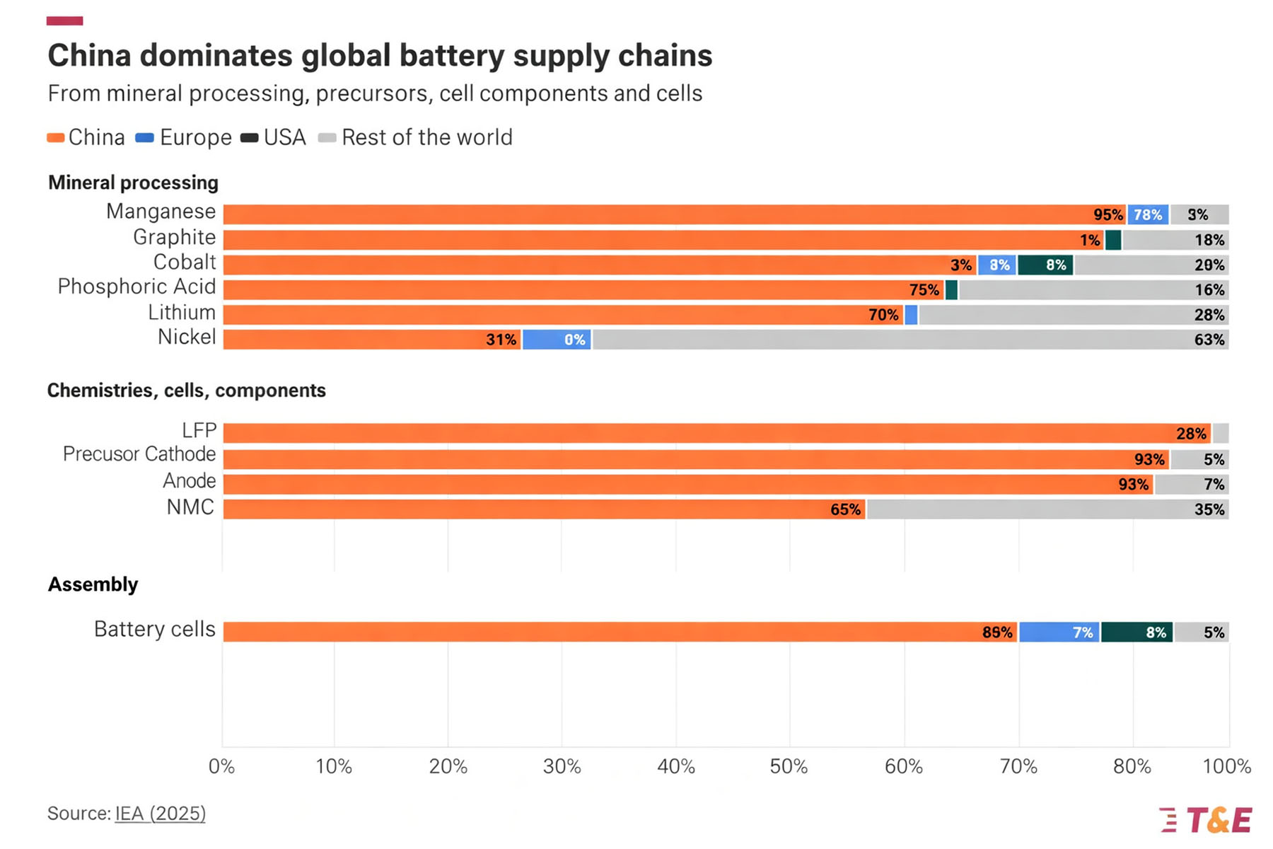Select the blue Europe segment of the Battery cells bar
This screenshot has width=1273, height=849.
1059,632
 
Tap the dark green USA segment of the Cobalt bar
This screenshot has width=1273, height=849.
1045,265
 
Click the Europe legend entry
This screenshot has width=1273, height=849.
183,137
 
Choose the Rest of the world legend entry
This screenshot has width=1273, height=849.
416,137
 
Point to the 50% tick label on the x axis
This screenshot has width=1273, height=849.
789,766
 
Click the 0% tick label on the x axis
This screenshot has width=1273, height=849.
221,766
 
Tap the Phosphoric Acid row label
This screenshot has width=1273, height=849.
136,287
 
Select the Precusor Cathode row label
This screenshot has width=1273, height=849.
139,454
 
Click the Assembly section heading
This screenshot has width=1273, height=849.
93,584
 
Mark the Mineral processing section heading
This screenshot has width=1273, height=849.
133,183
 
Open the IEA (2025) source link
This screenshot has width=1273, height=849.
161,814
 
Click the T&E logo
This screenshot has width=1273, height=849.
1206,820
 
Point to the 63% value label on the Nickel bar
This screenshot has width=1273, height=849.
1209,340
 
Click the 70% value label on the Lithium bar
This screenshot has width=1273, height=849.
883,315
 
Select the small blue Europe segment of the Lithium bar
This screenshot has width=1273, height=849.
911,315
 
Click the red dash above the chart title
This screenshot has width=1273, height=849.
64,21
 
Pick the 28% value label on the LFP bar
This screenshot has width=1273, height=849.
1191,434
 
